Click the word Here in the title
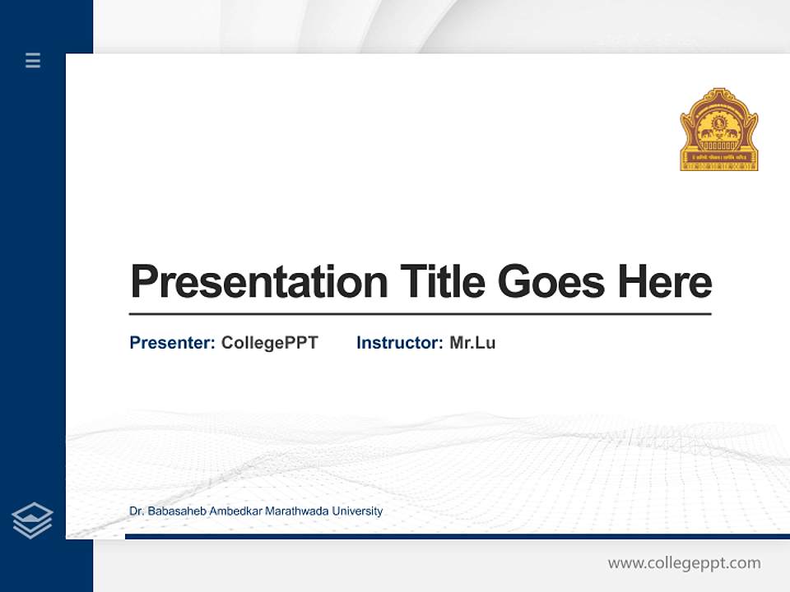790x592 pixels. pyautogui.click(x=664, y=282)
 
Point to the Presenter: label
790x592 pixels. pyautogui.click(x=172, y=343)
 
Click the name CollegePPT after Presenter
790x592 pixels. pyautogui.click(x=269, y=343)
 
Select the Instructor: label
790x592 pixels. pyautogui.click(x=399, y=343)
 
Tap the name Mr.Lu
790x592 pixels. pyautogui.click(x=472, y=343)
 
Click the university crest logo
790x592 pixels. pyautogui.click(x=718, y=129)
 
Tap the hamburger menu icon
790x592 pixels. pyautogui.click(x=33, y=60)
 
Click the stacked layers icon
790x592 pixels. pyautogui.click(x=32, y=520)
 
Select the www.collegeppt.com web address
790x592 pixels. pyautogui.click(x=684, y=563)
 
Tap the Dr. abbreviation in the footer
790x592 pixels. pyautogui.click(x=137, y=511)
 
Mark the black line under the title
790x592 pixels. pyautogui.click(x=420, y=314)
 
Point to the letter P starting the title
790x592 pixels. pyautogui.click(x=143, y=282)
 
